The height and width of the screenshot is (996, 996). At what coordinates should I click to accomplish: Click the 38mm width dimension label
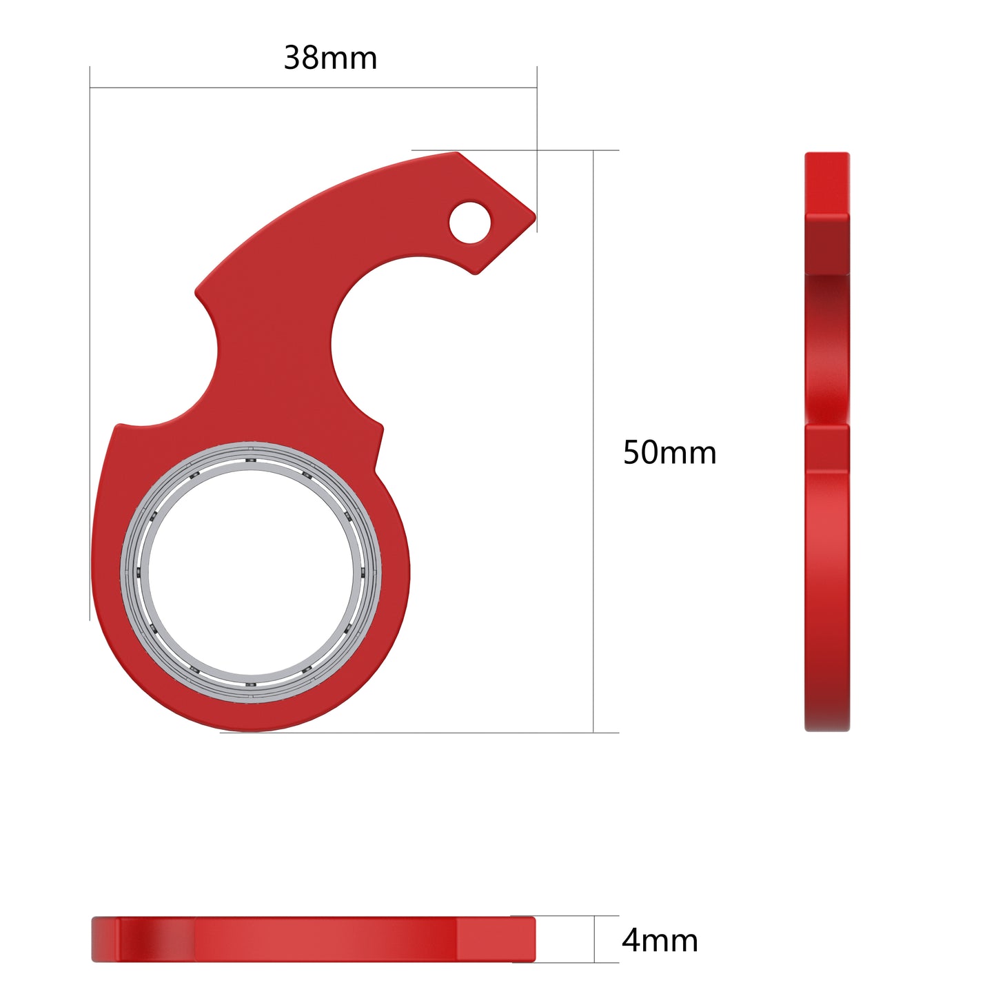(x=330, y=58)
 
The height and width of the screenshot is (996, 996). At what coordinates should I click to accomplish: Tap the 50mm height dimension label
(x=669, y=453)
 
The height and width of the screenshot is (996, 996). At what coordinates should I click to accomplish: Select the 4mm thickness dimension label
(x=660, y=941)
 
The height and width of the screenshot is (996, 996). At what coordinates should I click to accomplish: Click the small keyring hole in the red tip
(x=469, y=222)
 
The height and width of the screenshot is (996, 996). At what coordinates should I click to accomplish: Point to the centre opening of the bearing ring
(x=251, y=572)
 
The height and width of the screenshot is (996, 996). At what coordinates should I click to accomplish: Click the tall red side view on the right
(x=827, y=441)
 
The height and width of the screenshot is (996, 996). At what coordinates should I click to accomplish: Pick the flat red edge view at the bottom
(x=314, y=939)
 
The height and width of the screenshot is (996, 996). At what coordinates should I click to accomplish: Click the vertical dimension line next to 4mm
(x=594, y=939)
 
